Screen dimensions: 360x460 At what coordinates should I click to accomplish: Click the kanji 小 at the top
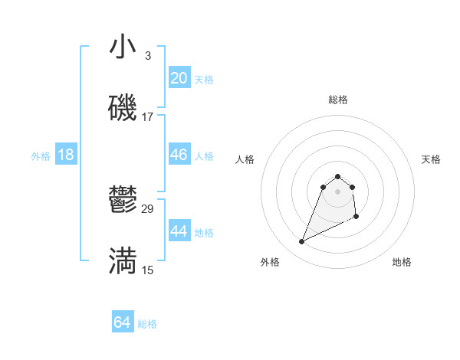(123, 47)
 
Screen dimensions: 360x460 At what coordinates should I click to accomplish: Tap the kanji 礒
(123, 109)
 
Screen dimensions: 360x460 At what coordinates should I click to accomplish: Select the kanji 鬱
(123, 201)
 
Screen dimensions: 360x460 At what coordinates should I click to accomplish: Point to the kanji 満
(123, 261)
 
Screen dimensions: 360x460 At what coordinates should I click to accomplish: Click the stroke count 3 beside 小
(147, 56)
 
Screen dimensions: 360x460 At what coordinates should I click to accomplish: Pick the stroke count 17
(148, 117)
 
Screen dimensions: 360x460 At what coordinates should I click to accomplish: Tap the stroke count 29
(148, 209)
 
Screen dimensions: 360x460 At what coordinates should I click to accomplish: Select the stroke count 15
(148, 270)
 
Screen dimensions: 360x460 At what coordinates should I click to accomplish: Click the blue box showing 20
(179, 78)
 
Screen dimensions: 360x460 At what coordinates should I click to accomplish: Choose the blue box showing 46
(179, 155)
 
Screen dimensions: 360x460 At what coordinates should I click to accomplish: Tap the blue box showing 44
(179, 231)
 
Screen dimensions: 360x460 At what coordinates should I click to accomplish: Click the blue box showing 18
(66, 155)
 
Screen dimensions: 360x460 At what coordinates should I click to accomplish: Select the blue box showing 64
(123, 322)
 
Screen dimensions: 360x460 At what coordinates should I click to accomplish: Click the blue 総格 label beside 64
(147, 324)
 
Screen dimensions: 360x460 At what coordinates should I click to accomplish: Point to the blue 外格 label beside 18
(41, 156)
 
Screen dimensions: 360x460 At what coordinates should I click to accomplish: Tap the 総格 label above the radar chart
(337, 100)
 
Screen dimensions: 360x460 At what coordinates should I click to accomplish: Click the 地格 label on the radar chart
(402, 262)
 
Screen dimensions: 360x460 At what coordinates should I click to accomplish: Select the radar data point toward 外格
(301, 242)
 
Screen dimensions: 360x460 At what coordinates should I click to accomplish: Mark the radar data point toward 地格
(357, 218)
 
